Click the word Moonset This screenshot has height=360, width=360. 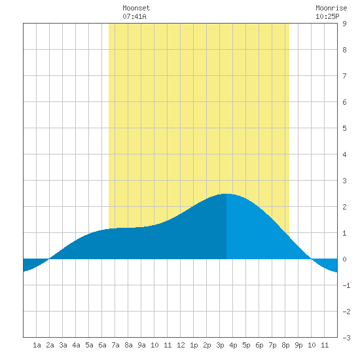tap(136, 8)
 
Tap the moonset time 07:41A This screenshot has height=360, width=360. tap(134, 16)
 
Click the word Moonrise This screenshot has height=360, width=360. tap(331, 8)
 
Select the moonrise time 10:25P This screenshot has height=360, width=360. tap(327, 16)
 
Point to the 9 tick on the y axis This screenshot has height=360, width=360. tap(344, 24)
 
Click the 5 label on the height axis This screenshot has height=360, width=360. tap(344, 128)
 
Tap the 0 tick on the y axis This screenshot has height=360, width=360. tap(344, 259)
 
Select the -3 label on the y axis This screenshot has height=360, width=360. tap(346, 338)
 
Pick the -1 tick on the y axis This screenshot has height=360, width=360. tap(346, 285)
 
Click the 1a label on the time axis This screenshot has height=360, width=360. tap(37, 345)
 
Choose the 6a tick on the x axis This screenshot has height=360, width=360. tap(102, 345)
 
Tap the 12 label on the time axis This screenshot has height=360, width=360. tap(181, 345)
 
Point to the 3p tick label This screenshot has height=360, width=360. tap(220, 345)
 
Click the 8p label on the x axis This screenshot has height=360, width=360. tap(285, 345)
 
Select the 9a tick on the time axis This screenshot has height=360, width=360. tap(141, 345)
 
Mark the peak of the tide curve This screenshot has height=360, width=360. tap(226, 194)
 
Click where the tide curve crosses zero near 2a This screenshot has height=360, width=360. tap(49, 259)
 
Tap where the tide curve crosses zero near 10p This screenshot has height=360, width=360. tap(312, 259)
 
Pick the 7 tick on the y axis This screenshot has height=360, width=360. tap(344, 76)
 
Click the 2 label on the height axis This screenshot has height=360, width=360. tap(344, 207)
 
